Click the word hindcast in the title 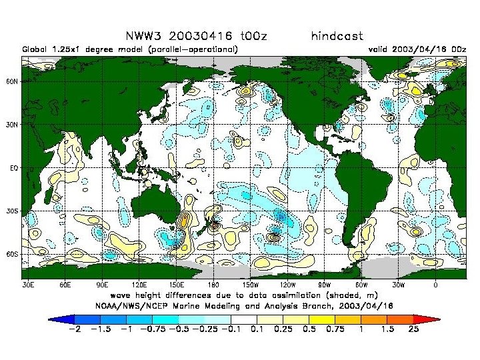[x=337, y=36]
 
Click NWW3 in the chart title [x=143, y=36]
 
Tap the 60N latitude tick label [x=13, y=81]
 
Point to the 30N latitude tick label [x=13, y=125]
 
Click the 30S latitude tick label [x=13, y=211]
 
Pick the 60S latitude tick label [x=13, y=255]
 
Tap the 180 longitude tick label [x=213, y=285]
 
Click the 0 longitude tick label [x=435, y=285]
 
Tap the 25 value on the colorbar [x=413, y=329]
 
